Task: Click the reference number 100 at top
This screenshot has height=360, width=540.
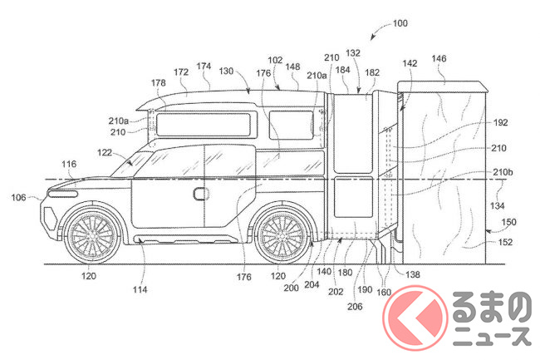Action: point(400,23)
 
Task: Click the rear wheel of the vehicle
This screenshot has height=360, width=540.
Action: point(282,235)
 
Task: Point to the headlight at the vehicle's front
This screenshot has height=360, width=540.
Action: point(63,194)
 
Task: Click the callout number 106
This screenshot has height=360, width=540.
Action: point(18,197)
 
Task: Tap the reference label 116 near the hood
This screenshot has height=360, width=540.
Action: point(69,165)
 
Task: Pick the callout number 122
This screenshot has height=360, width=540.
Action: point(105,152)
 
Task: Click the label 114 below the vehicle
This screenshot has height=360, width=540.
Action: point(140,289)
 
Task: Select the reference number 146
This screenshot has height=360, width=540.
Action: point(439,58)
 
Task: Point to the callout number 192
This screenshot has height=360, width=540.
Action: point(500,123)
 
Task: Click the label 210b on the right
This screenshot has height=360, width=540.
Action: point(503,172)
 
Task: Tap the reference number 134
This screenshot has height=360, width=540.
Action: point(498,206)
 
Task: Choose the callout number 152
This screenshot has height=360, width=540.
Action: point(505,242)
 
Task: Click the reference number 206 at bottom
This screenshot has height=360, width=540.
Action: point(355,306)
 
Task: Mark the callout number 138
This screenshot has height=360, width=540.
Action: point(413,274)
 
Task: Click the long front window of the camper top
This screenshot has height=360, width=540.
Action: point(204,125)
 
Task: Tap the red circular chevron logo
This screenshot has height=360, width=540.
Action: point(415,318)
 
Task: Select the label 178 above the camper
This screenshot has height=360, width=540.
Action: point(158,83)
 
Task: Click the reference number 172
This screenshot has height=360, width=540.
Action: point(181,72)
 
